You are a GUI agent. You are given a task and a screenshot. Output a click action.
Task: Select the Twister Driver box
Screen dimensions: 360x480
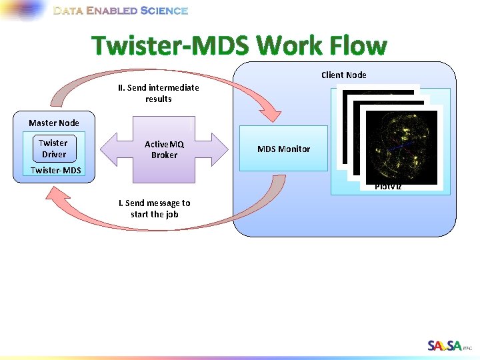coord(53,148)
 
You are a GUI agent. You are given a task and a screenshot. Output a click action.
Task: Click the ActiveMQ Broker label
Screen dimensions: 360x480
coord(164,149)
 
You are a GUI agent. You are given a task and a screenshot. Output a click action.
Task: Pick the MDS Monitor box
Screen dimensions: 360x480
coord(283,149)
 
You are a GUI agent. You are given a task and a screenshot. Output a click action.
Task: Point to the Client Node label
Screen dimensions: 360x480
coord(343,75)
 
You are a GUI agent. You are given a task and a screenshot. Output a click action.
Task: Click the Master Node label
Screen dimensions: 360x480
coord(53,123)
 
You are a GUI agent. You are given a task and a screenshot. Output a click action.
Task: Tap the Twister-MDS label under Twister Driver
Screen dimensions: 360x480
coord(56,171)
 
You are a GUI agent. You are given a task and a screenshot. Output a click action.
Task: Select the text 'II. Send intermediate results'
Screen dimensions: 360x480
coord(159,93)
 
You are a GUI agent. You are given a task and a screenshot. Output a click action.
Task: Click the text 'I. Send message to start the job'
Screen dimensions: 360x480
coord(155,209)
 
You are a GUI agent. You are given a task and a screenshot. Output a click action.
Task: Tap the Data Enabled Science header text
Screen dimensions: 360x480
coord(121,11)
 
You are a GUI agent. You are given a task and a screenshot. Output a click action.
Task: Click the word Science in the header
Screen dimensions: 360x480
coord(164,11)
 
